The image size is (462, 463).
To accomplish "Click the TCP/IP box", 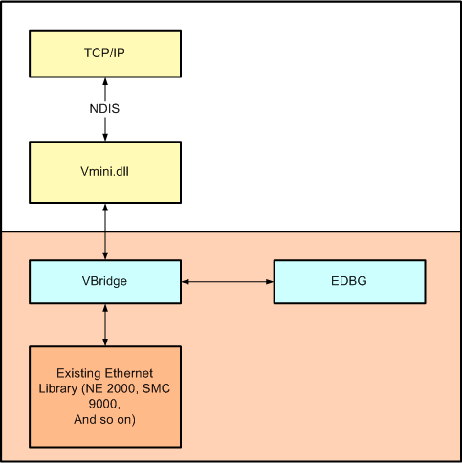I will click(104, 53).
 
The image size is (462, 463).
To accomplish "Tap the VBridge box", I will click(104, 281).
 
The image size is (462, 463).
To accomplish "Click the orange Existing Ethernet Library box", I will click(104, 397).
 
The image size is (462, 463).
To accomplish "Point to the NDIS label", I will click(104, 108).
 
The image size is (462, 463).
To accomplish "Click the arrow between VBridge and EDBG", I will click(228, 281).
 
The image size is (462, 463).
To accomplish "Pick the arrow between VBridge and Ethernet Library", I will click(104, 324).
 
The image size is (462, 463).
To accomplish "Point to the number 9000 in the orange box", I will click(104, 403).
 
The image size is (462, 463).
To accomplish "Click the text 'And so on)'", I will click(104, 419).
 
